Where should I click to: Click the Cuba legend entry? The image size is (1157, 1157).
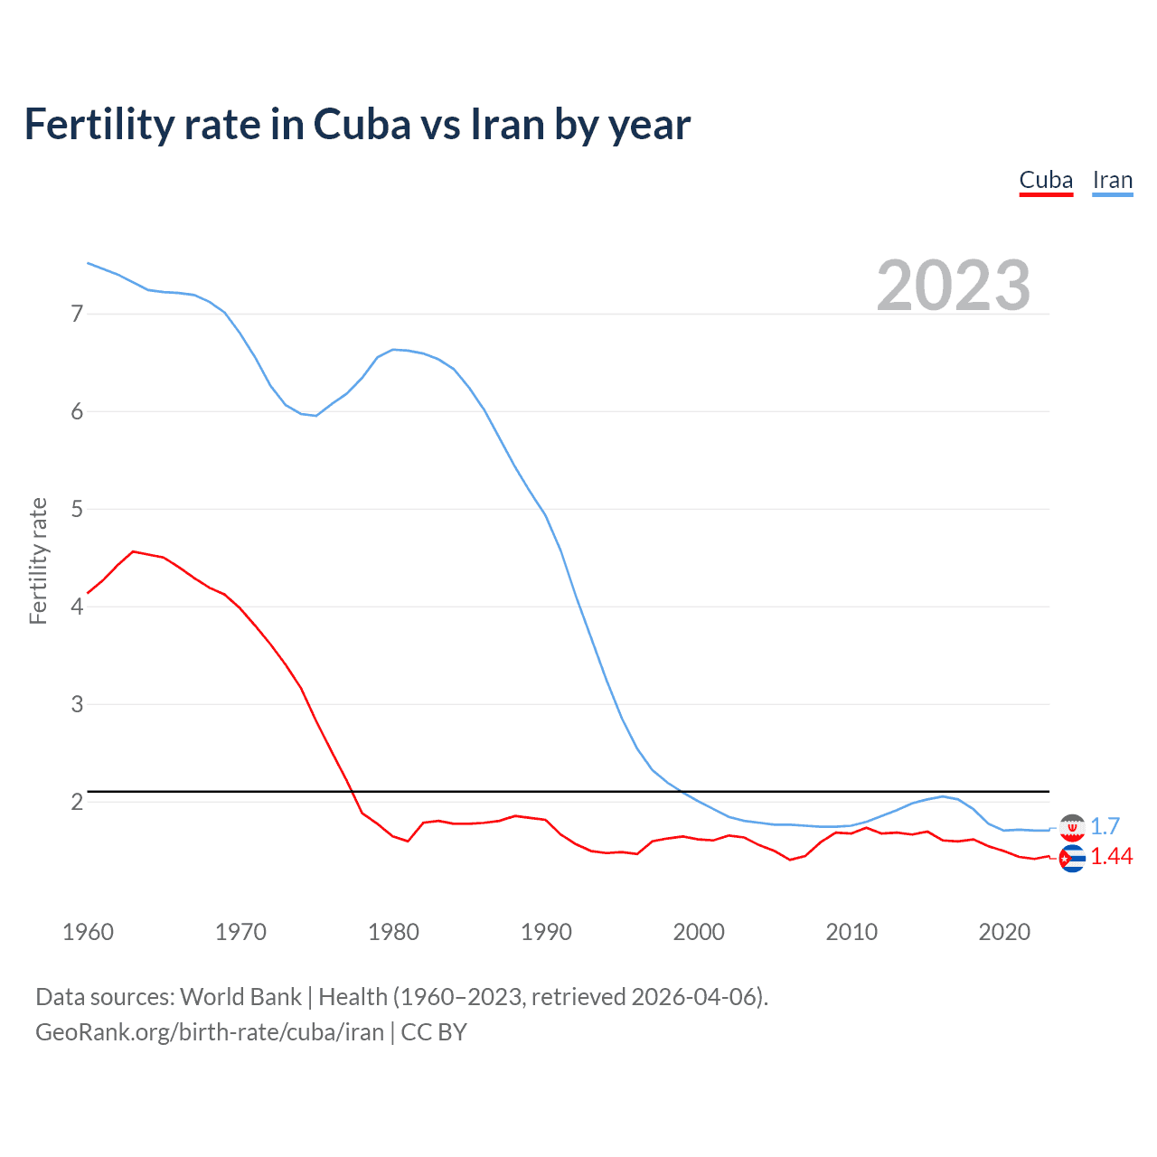[1046, 180]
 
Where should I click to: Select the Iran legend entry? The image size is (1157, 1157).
[1112, 180]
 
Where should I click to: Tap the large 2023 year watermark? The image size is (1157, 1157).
[953, 286]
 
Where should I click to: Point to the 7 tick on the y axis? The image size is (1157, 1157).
[77, 314]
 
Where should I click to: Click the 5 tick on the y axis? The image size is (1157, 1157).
[77, 509]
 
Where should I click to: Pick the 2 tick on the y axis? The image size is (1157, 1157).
[77, 802]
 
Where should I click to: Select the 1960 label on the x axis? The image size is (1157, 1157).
[88, 932]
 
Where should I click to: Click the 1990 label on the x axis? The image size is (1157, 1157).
[546, 932]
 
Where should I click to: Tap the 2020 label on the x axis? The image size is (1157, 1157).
[1004, 932]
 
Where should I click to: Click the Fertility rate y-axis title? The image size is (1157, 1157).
[38, 560]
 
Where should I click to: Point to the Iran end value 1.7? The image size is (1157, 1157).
[1105, 826]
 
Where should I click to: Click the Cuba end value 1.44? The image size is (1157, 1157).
[1111, 857]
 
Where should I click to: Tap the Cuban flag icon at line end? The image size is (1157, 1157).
[1072, 859]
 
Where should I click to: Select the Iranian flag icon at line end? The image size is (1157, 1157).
[1072, 826]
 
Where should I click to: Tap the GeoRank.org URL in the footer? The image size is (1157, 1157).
[210, 1032]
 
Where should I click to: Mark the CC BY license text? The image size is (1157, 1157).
[434, 1032]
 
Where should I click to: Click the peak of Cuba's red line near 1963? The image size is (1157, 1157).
[133, 551]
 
